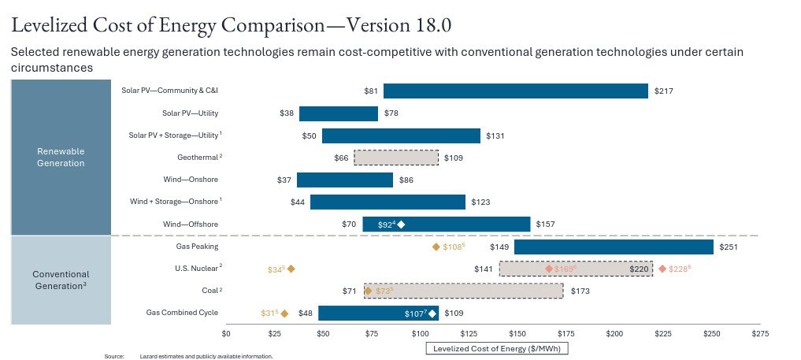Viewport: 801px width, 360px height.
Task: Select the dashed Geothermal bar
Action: pos(396,158)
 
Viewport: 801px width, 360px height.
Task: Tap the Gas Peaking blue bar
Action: pos(614,247)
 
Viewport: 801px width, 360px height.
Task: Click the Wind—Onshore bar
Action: pos(345,180)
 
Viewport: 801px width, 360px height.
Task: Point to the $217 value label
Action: pos(663,91)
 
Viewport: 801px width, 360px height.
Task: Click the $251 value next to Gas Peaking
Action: pos(729,247)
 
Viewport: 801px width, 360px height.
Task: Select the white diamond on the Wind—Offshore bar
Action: pos(402,225)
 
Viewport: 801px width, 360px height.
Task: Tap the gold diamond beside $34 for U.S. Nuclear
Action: pos(291,269)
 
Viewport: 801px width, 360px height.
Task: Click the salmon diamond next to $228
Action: pos(662,269)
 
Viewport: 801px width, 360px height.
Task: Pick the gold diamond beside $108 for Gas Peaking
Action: pos(436,247)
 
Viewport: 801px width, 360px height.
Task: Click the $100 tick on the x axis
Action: pos(421,334)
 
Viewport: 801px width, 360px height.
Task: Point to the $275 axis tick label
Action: pos(760,334)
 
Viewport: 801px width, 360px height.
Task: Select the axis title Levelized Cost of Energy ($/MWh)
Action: pos(496,347)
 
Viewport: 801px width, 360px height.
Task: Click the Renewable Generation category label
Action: pos(61,157)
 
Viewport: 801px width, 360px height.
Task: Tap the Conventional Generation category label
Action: pos(61,280)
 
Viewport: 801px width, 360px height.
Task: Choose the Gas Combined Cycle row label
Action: pos(182,313)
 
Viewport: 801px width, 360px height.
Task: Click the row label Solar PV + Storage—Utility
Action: pos(175,135)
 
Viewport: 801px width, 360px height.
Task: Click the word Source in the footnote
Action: pos(114,356)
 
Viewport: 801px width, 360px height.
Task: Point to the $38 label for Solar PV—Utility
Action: pos(287,113)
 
